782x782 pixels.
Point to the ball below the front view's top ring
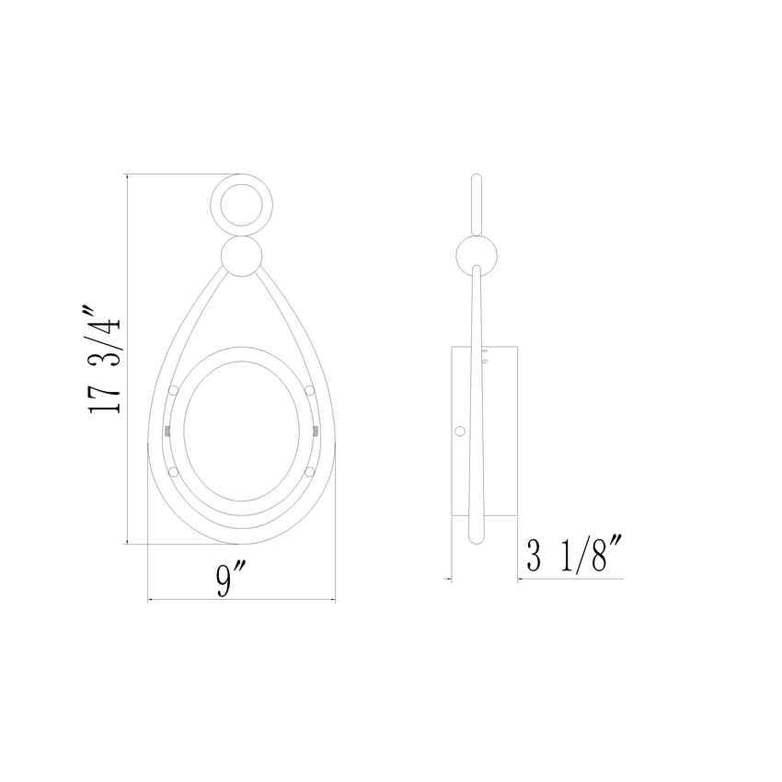point(242,257)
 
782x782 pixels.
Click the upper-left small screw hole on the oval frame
point(172,391)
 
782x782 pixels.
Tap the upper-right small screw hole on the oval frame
point(310,391)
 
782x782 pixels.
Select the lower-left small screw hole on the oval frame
point(172,472)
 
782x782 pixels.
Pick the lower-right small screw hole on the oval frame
point(310,472)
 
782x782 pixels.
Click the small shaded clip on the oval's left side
point(167,431)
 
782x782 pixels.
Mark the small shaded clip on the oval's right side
point(316,431)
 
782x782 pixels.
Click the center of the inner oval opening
point(241,432)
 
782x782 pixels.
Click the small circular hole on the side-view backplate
point(460,430)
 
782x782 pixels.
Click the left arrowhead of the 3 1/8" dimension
point(451,579)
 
